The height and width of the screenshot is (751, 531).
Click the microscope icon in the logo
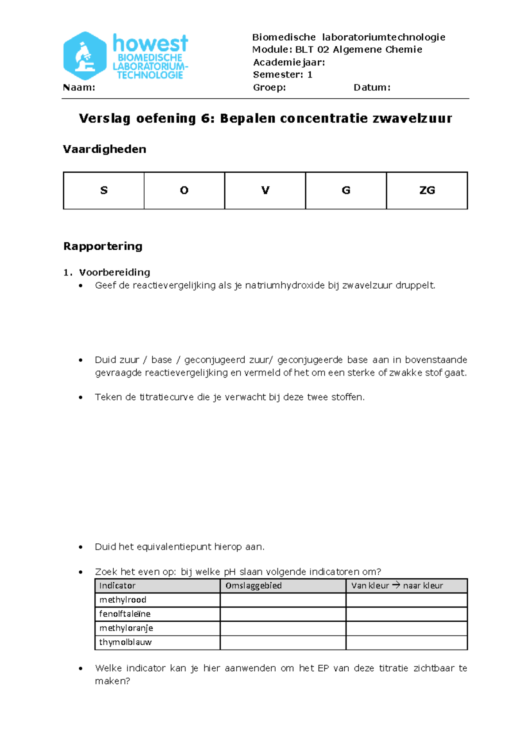tap(85, 56)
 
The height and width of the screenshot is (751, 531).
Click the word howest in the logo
tap(150, 43)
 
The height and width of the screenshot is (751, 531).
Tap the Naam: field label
tap(79, 87)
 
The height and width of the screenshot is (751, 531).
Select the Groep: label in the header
tap(269, 87)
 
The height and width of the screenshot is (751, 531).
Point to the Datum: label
tap(372, 87)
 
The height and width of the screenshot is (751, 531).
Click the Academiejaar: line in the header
tap(289, 62)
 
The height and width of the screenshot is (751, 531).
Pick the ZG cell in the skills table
tap(427, 190)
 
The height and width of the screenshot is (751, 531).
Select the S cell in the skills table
tap(104, 190)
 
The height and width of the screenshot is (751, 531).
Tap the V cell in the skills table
tap(265, 190)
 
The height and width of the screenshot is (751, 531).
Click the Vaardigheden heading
tap(104, 149)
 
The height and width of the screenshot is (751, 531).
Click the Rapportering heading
tap(103, 246)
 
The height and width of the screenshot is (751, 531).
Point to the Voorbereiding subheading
tap(115, 272)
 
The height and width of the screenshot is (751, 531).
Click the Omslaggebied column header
tap(254, 585)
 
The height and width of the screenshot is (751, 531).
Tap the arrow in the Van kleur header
tap(396, 585)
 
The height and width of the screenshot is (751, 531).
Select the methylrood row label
tap(123, 600)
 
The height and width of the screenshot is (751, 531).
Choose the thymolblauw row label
tap(125, 642)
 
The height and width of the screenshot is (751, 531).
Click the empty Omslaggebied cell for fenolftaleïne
tap(283, 614)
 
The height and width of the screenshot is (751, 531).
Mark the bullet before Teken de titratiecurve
tap(81, 397)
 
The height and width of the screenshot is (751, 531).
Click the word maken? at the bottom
tap(112, 681)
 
